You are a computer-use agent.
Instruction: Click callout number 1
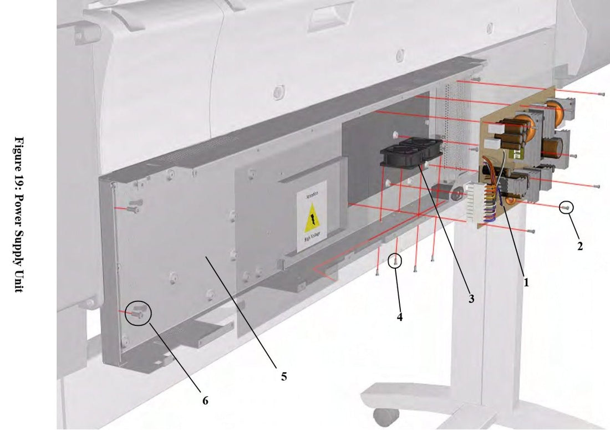click(x=526, y=282)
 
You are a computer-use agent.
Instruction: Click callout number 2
click(x=580, y=247)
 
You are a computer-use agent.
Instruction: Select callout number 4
click(x=400, y=318)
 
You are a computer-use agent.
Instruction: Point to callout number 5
click(x=283, y=376)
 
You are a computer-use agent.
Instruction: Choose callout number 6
click(x=205, y=401)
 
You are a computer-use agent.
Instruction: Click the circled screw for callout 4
click(x=395, y=260)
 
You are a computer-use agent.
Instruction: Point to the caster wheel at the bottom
click(x=380, y=415)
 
